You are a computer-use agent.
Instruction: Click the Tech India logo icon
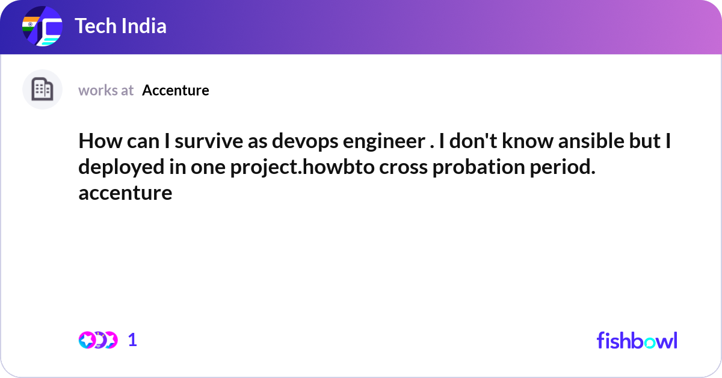(x=42, y=27)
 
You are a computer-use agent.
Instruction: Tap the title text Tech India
(x=120, y=26)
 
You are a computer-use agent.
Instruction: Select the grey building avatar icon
(x=42, y=90)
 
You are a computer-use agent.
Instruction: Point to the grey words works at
(x=106, y=90)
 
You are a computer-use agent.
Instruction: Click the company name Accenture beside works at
(x=176, y=90)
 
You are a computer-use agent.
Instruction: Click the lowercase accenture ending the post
(x=125, y=193)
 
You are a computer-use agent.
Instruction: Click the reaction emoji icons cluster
(x=97, y=340)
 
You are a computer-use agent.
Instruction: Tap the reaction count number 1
(x=132, y=340)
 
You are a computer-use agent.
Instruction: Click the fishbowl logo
(x=637, y=340)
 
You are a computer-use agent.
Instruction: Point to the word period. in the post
(x=562, y=167)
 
